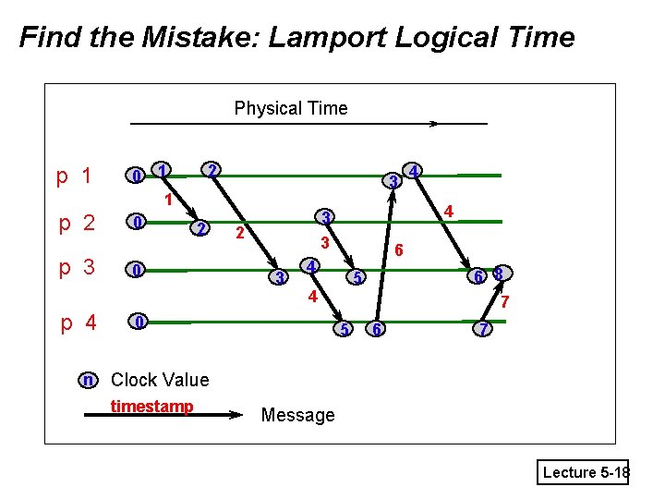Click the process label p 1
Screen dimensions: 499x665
[74, 176]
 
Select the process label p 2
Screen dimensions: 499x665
[77, 223]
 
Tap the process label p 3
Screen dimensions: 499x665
[77, 269]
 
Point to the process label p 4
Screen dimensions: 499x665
[79, 323]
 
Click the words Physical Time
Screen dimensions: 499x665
[291, 108]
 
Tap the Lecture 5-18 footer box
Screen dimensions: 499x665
[586, 472]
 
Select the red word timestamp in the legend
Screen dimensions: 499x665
[151, 407]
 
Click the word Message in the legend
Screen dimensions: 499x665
[297, 415]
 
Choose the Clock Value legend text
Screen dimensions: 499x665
[160, 380]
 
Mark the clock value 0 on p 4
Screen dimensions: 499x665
[138, 322]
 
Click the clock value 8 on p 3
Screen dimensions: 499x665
[498, 274]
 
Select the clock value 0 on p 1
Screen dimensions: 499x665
[136, 176]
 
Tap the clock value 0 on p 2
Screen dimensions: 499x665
[137, 223]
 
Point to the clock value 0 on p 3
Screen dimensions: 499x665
[137, 271]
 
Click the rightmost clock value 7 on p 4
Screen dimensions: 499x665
[480, 330]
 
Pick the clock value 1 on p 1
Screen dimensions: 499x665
[162, 170]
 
